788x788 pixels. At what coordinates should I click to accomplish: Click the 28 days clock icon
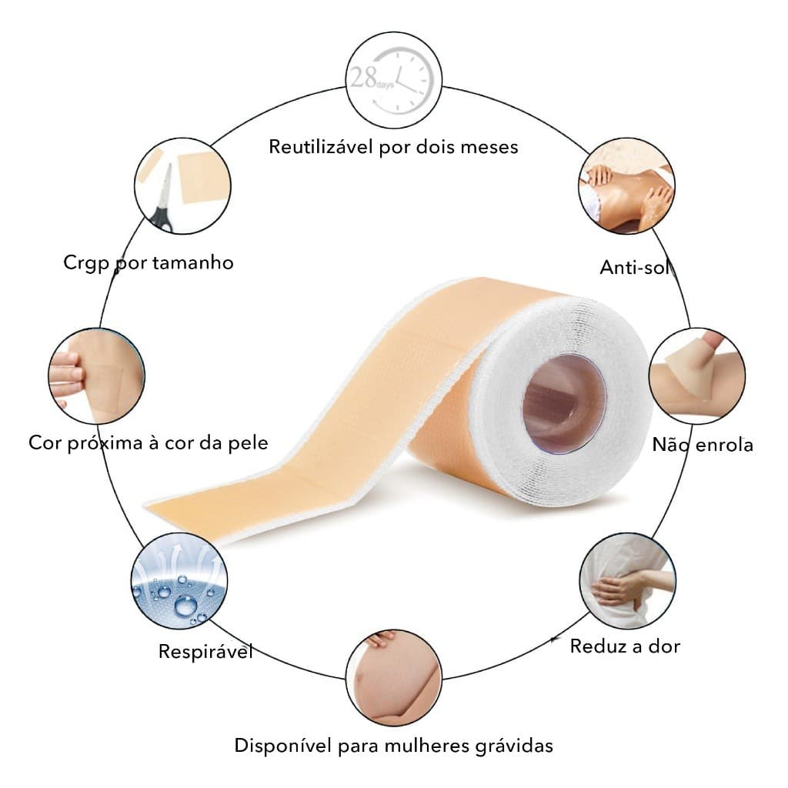(x=393, y=80)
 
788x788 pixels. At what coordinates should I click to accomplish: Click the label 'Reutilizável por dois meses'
(x=393, y=147)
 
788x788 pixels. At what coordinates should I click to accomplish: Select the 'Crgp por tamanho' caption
(x=149, y=263)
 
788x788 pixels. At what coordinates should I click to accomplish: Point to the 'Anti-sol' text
(x=635, y=267)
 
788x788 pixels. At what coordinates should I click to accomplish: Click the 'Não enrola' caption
(x=703, y=445)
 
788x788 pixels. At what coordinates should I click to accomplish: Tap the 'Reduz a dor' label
(x=625, y=646)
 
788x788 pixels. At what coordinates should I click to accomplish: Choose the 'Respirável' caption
(x=205, y=652)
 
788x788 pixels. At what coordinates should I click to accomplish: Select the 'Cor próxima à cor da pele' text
(x=149, y=443)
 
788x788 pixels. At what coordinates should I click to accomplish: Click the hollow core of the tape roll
(x=564, y=402)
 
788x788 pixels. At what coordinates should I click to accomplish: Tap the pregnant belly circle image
(x=393, y=678)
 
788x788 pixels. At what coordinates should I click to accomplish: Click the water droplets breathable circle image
(x=179, y=581)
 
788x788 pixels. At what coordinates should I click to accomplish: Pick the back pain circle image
(x=628, y=581)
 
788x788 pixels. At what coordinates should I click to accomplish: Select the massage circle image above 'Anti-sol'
(x=626, y=186)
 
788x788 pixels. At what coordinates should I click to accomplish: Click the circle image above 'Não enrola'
(x=697, y=376)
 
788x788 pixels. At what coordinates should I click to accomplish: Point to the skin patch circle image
(x=96, y=376)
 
